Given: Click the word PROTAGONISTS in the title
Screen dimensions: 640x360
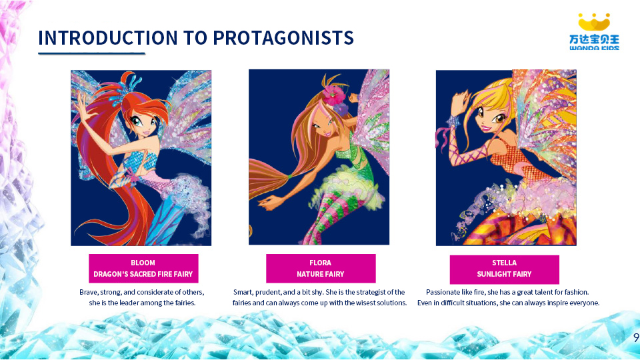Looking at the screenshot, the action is coord(283,38).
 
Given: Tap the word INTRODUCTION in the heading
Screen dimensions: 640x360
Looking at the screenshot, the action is coord(108,38).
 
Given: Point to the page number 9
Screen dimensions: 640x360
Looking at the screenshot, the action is coord(636,337).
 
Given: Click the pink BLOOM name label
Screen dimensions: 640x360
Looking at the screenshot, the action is coord(144,269).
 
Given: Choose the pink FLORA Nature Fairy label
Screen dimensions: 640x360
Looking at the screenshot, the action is coord(321,269).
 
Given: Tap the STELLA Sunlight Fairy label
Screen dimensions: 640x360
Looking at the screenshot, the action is coord(505,269).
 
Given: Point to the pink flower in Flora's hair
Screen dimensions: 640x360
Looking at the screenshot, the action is coord(335,95).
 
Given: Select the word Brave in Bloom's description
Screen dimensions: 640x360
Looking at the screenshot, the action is coord(89,292).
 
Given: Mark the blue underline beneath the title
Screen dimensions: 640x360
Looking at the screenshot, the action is coord(92,53).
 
